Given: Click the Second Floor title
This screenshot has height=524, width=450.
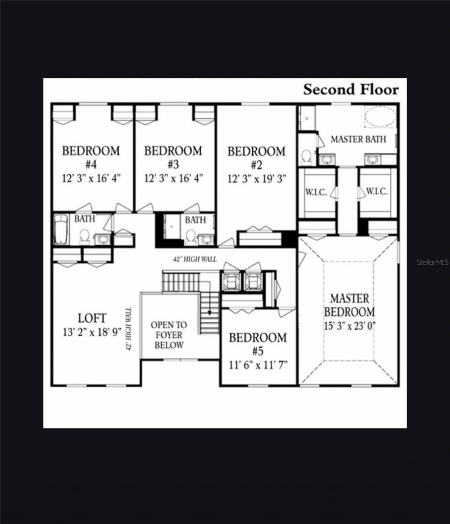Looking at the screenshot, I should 351,90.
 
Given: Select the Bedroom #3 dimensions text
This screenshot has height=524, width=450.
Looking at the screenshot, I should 173,178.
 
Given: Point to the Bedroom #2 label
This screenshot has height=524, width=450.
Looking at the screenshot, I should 256,158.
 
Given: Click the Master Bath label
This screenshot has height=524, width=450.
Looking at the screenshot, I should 358,139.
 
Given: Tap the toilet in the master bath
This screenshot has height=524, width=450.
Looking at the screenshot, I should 307,156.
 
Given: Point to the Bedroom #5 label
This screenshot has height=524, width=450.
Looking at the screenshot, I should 258,344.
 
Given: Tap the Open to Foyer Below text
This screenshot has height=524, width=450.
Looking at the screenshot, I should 169,335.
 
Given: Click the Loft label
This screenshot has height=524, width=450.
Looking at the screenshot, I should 92,318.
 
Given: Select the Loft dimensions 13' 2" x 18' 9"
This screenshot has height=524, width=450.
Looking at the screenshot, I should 92,332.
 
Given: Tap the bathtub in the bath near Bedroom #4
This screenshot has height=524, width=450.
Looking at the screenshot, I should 62,229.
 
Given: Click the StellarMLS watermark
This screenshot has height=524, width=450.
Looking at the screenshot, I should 432,262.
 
